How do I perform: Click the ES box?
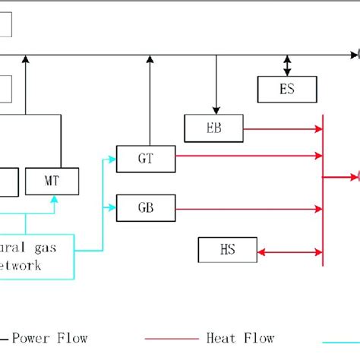pos(287,90)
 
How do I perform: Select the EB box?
pos(213,126)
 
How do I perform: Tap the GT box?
pos(145,158)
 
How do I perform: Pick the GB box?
pos(145,207)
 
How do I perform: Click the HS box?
pos(227,248)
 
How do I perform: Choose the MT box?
pos(52,181)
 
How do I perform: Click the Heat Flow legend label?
pos(240,338)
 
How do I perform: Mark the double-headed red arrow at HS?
pos(289,249)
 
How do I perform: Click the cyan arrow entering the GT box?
pos(109,159)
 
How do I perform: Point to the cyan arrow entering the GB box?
pos(109,206)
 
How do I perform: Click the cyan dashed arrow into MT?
pos(52,204)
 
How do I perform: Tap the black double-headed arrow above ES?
pos(287,65)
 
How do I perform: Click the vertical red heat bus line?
pos(323,190)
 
